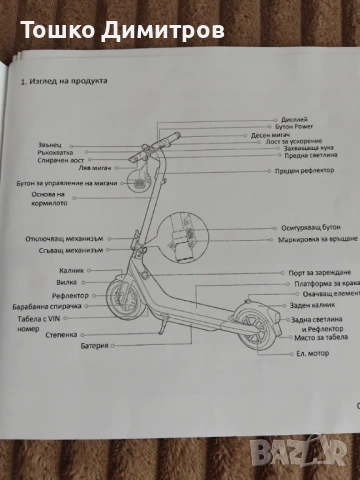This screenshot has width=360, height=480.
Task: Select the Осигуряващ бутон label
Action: (299, 229)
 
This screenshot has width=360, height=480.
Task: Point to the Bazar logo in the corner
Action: (331, 455)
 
